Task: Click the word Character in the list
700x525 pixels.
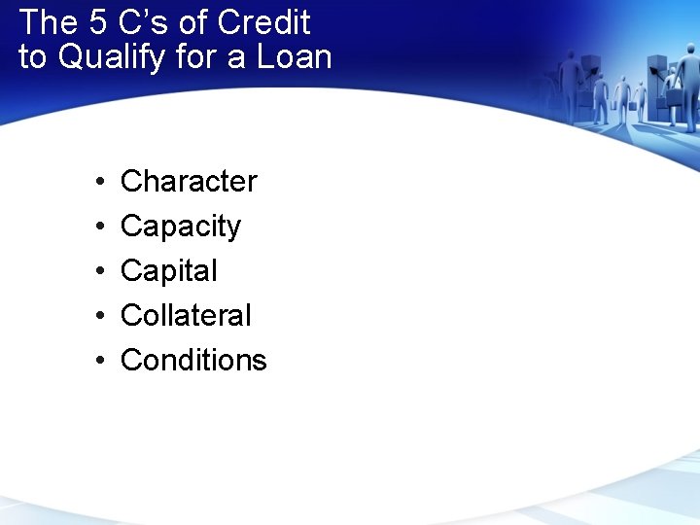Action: pyautogui.click(x=189, y=181)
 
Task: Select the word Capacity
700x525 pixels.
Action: pyautogui.click(x=180, y=227)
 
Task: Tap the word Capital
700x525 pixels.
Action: pyautogui.click(x=168, y=270)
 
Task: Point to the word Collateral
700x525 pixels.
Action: pyautogui.click(x=185, y=315)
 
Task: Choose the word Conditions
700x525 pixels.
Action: pyautogui.click(x=192, y=360)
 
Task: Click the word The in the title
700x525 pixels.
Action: pyautogui.click(x=48, y=21)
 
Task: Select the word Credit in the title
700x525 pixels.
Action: pyautogui.click(x=264, y=21)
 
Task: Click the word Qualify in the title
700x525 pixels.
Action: pyautogui.click(x=113, y=57)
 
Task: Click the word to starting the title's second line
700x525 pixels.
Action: pyautogui.click(x=32, y=56)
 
